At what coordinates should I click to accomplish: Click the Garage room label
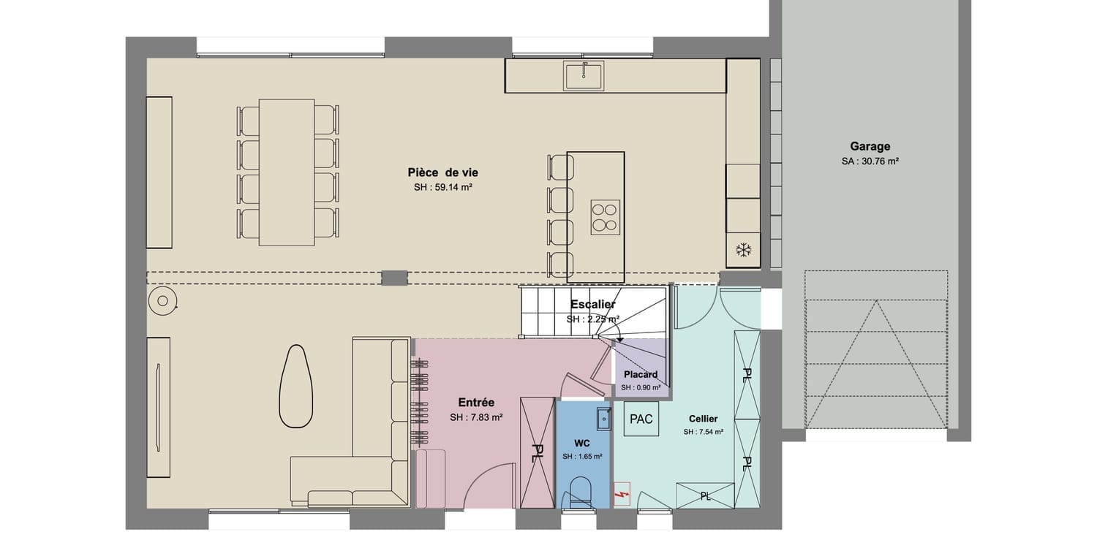(870, 146)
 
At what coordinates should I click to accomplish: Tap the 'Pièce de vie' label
(442, 172)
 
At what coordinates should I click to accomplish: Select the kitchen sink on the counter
(584, 75)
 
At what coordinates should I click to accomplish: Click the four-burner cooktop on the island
(606, 217)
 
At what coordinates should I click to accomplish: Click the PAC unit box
(641, 419)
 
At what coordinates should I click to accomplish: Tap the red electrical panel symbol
(622, 495)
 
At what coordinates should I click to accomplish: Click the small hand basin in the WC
(604, 419)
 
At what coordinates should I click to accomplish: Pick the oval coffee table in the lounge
(295, 387)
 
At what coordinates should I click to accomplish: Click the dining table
(287, 172)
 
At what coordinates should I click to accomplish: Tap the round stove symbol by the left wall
(162, 300)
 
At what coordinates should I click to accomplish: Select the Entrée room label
(476, 403)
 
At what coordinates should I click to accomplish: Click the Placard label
(641, 374)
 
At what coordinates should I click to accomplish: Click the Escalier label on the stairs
(593, 304)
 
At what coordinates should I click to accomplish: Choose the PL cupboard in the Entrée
(538, 453)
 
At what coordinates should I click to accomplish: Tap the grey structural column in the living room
(394, 278)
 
